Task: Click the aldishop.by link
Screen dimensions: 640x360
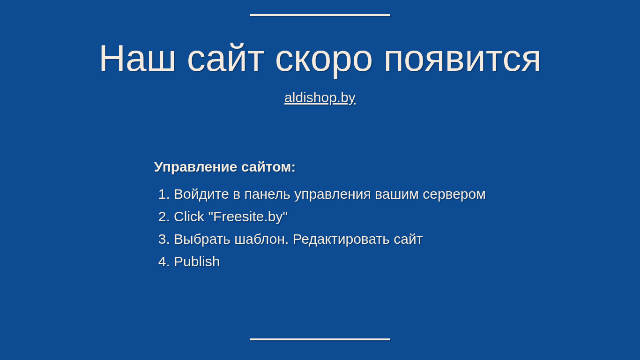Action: click(x=320, y=98)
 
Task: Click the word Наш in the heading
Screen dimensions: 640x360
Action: click(x=137, y=58)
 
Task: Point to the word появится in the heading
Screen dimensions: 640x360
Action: click(x=462, y=60)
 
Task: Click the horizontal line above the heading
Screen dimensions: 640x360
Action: click(x=320, y=15)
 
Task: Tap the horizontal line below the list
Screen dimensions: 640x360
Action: click(x=320, y=339)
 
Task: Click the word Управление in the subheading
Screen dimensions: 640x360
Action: click(x=196, y=167)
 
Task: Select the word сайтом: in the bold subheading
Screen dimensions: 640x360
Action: click(x=268, y=167)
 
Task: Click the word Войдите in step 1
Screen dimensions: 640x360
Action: click(x=201, y=194)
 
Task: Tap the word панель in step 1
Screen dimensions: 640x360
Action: click(x=267, y=195)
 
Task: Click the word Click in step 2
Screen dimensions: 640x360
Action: click(x=189, y=217)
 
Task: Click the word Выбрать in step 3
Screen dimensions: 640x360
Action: click(x=202, y=240)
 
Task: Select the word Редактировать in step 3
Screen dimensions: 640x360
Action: click(x=341, y=240)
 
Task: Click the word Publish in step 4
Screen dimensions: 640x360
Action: click(x=197, y=262)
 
